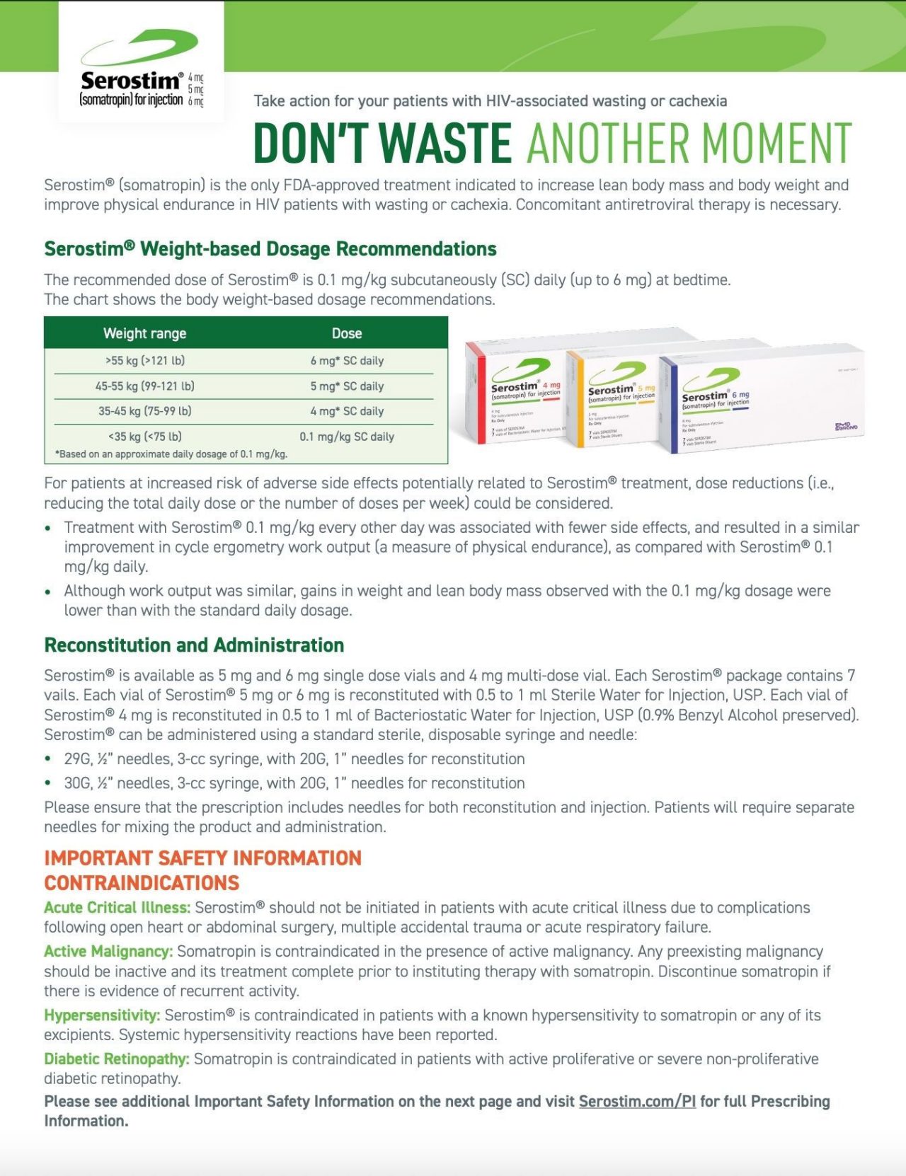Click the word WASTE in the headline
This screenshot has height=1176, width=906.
pos(445,144)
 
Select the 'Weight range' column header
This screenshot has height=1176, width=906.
pos(144,333)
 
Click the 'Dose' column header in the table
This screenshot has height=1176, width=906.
pos(347,333)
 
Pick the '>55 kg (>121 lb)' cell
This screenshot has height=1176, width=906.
pos(144,361)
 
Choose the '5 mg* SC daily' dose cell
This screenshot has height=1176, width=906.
pos(347,386)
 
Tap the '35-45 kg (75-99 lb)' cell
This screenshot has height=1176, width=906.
pos(144,411)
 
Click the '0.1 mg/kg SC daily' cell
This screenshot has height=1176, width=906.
pos(347,437)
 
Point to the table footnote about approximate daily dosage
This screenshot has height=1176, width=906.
pos(171,454)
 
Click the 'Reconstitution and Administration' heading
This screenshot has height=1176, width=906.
pos(194,645)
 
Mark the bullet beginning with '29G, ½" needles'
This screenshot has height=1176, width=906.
pos(294,759)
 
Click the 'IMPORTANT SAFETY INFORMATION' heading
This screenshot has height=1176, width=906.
pos(202,858)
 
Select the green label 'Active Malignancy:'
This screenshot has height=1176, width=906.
pos(108,952)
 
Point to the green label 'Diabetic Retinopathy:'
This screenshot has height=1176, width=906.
pos(116,1059)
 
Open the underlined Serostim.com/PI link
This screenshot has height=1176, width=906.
pos(637,1102)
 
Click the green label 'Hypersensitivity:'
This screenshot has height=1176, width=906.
pos(102,1015)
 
